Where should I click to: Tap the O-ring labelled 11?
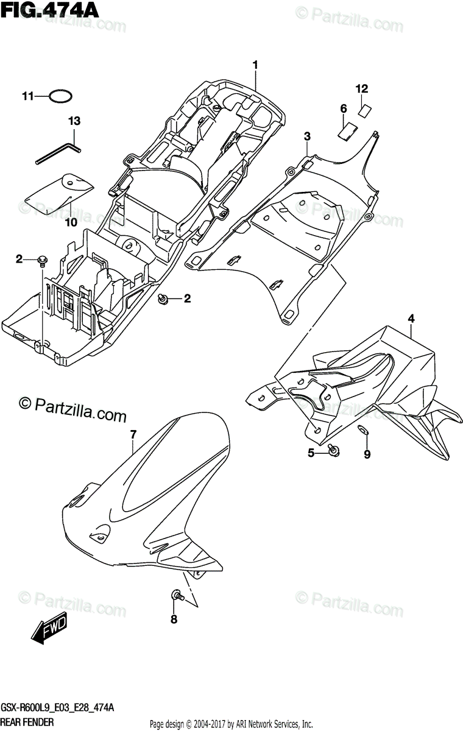click(62, 96)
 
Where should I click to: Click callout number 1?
click(256, 65)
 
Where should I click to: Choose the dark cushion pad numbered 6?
click(348, 130)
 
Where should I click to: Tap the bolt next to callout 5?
click(333, 450)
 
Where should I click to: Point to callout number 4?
click(411, 318)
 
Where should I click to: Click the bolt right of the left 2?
click(42, 261)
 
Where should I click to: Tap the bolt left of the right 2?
click(163, 298)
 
